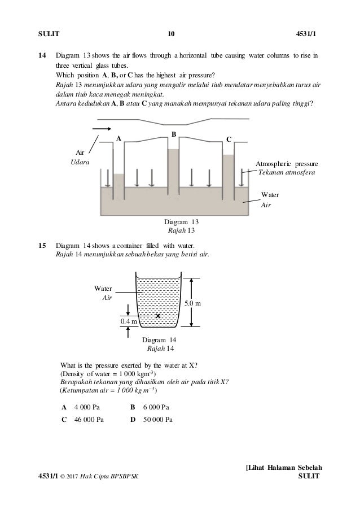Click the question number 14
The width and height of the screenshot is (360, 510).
[42, 55]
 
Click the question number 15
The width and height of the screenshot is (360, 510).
[42, 246]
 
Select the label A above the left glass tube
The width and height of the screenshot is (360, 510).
[118, 138]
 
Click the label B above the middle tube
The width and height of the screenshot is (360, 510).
[174, 134]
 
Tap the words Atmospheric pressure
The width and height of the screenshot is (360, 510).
[287, 163]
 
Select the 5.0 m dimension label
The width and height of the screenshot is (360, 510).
[194, 304]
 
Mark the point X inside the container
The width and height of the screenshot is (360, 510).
[158, 316]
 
